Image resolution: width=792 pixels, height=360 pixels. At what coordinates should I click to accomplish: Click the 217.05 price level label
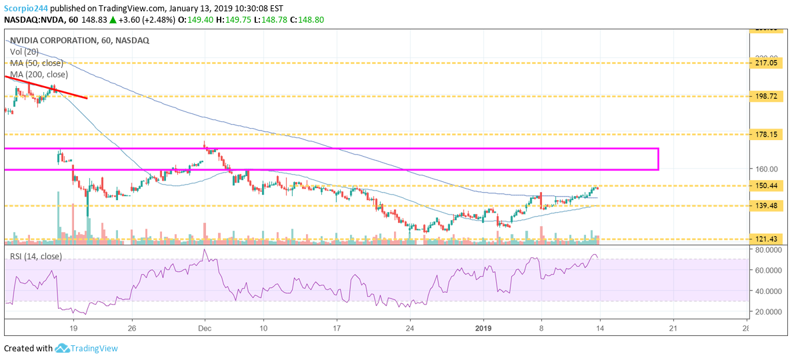point(763,63)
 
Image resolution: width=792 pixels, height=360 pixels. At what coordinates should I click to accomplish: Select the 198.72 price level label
point(763,96)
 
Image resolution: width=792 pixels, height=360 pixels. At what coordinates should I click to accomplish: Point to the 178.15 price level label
point(763,134)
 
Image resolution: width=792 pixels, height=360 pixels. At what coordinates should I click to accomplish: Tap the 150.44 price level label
point(763,185)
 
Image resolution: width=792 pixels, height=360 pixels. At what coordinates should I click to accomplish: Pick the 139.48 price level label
point(763,205)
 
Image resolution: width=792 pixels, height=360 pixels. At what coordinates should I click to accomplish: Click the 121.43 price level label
point(763,239)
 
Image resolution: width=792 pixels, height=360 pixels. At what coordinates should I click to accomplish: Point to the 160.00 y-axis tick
point(763,169)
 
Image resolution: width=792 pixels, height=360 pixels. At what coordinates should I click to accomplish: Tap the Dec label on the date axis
point(204,327)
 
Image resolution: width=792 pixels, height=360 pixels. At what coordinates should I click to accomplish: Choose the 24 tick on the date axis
point(410,327)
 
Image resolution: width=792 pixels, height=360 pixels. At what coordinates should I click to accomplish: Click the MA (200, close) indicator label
point(39,74)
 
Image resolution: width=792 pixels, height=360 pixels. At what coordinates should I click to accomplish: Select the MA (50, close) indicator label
point(37,63)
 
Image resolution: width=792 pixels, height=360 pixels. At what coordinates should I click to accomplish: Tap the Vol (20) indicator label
point(24,51)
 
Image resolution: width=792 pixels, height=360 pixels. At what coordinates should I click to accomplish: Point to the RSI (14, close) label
point(35,256)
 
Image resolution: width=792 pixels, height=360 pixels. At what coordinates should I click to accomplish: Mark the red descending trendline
point(47,87)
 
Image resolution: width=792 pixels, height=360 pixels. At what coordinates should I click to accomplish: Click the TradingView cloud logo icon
point(63,348)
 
